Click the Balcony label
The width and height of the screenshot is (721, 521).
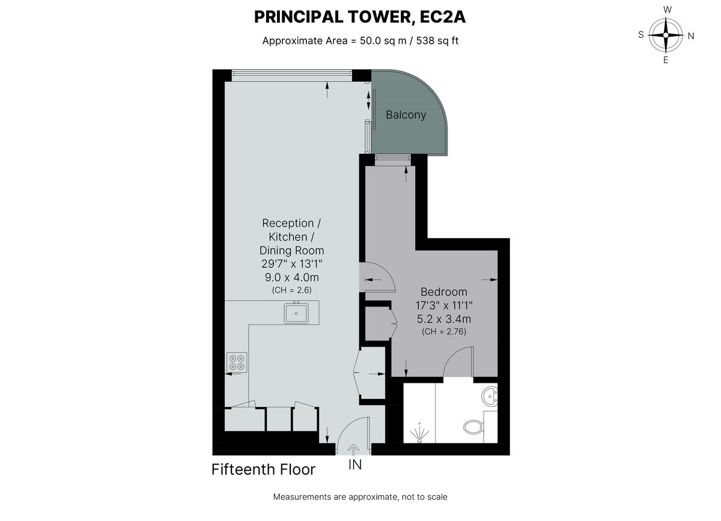coord(406,115)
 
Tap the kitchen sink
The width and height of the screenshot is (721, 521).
coord(296,312)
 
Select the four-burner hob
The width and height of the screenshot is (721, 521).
coord(236,362)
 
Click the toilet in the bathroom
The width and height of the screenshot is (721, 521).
coord(474,427)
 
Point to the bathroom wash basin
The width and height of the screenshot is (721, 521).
coord(491,395)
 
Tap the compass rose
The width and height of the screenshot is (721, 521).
coord(666,35)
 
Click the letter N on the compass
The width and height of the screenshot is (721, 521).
coord(691,35)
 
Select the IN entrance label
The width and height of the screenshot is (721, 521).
coord(355,465)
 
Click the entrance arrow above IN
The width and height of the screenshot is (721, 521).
coord(353,448)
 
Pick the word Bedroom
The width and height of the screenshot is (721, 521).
coord(444,292)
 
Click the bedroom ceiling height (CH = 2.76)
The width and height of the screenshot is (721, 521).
coord(444,331)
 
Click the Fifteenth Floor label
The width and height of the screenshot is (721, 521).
coord(263,469)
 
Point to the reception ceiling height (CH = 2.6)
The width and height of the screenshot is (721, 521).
coord(291,290)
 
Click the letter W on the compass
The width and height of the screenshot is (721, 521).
coord(667,10)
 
